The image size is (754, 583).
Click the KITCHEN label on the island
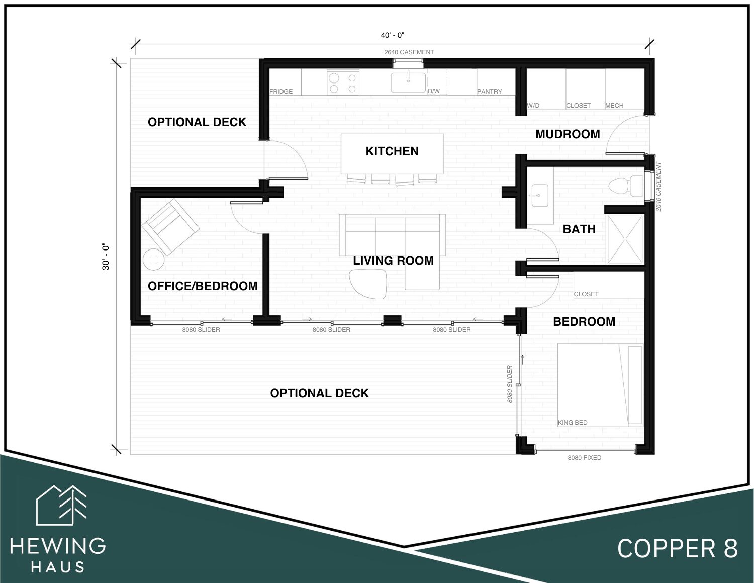pos(392,151)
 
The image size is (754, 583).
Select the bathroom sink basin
pos(540,196)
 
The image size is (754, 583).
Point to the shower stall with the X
pos(625,239)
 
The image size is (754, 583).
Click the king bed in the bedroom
pos(600,385)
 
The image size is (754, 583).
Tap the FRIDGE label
pos(281,92)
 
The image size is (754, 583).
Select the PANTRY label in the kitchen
pos(489,92)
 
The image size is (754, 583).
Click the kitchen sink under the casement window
pos(408,82)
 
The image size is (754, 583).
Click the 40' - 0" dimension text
pos(393,35)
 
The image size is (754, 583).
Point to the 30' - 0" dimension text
pos(106,257)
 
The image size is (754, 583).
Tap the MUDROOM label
pos(568,134)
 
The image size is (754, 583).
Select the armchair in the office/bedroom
pos(170,227)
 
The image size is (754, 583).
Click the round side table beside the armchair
pos(154,259)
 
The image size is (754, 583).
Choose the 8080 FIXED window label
pos(584,458)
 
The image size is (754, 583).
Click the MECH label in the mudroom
pos(614,106)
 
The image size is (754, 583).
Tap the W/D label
pos(533,106)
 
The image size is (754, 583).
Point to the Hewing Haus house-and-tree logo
pos(61,505)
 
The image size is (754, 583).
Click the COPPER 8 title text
pos(677,549)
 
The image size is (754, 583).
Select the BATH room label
pos(579,229)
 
